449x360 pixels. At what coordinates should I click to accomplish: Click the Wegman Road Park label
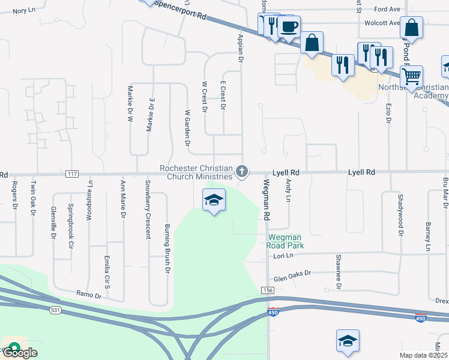coord(286,241)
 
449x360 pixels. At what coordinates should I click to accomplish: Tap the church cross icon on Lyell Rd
coord(242,173)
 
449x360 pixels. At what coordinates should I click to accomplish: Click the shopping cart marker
coord(412,77)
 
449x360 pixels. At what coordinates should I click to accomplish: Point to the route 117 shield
coord(72,174)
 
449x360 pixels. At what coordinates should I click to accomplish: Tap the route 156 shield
coord(268,290)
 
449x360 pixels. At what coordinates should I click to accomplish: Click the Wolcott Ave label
coord(382,23)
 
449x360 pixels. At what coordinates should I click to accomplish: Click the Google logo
coord(20,353)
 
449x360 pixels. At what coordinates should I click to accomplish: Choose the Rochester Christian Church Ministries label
coord(196,172)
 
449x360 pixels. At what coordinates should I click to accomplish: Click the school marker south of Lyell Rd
coord(214,200)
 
